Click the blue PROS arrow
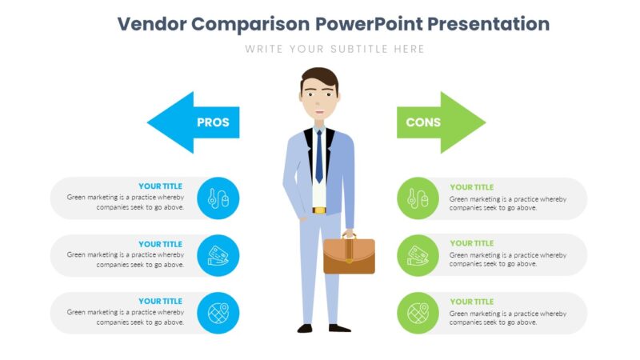(196, 122)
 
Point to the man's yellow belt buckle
(319, 210)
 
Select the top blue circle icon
(218, 198)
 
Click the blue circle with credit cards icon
(218, 255)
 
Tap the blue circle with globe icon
(218, 313)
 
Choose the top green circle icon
(418, 198)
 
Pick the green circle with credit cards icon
(418, 255)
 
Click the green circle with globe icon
(418, 313)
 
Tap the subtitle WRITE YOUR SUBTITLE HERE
(334, 49)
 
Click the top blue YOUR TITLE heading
(160, 186)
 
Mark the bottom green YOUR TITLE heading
(472, 302)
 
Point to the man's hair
(319, 78)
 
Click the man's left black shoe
(305, 327)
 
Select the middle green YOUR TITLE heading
(472, 243)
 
